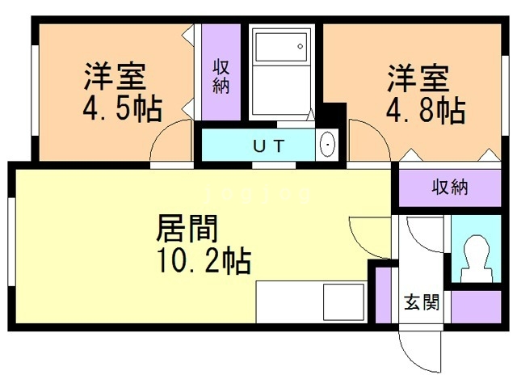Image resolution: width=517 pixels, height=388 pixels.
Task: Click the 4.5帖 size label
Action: (122, 107)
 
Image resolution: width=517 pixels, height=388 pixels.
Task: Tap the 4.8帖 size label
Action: (425, 110)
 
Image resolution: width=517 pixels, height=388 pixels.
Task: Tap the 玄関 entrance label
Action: (422, 304)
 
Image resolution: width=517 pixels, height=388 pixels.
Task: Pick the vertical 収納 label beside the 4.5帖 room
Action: (221, 76)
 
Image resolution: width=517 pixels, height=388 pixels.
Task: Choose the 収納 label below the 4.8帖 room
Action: (450, 188)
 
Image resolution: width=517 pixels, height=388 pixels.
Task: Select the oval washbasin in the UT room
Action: (327, 145)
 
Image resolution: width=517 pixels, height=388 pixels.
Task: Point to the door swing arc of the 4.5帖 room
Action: (171, 142)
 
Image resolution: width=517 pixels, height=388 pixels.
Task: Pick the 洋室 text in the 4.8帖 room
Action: (417, 79)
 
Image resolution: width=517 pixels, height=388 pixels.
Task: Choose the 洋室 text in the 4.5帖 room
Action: (115, 77)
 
